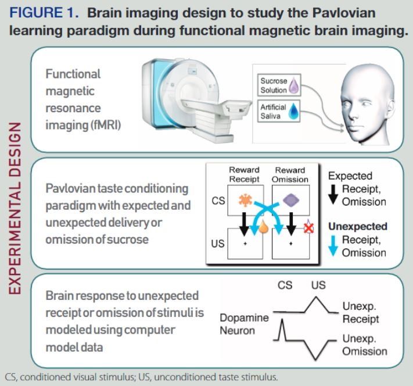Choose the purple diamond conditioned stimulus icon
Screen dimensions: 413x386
pos(289,201)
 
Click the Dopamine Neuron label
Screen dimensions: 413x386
pos(244,324)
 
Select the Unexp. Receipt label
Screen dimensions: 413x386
pos(360,313)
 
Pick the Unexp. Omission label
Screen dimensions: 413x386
pos(364,345)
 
